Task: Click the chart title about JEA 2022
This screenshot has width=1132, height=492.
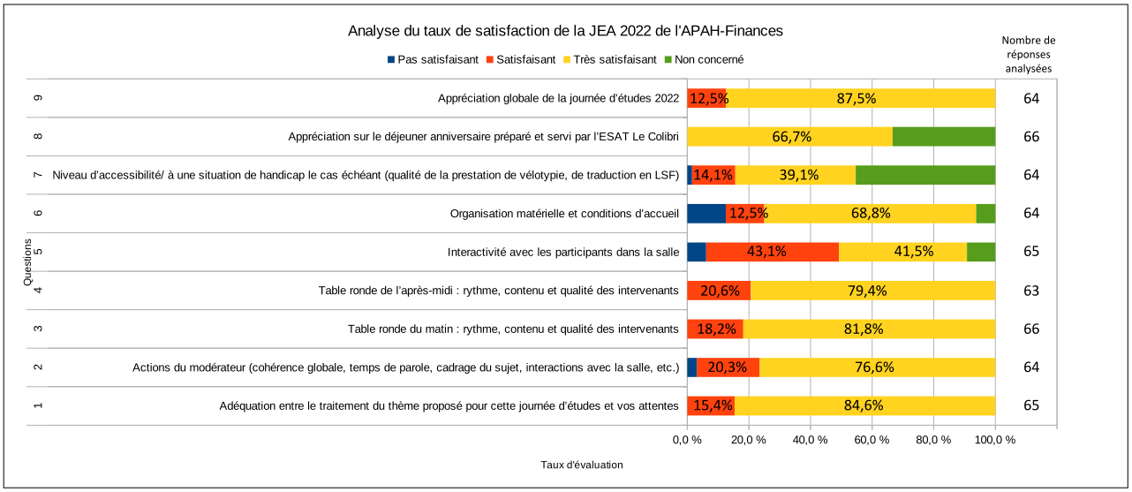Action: click(565, 31)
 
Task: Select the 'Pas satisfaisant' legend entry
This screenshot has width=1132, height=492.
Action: click(433, 60)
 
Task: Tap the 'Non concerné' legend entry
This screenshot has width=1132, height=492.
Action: click(703, 60)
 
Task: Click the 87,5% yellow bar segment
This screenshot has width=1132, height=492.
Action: click(860, 98)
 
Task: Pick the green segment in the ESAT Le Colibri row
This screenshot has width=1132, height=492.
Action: click(943, 137)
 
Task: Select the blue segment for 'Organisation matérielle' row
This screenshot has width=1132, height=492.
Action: click(706, 213)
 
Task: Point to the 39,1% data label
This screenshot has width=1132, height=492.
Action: click(798, 175)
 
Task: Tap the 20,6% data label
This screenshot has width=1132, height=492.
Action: click(719, 291)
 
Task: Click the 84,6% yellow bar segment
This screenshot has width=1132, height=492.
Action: click(864, 405)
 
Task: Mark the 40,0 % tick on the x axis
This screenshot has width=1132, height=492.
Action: click(810, 439)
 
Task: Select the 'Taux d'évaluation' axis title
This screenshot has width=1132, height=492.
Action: click(581, 465)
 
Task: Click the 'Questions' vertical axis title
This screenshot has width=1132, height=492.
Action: click(27, 261)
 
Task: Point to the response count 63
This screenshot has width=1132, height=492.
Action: click(1031, 291)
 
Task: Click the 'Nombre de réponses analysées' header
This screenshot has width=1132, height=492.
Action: click(1029, 54)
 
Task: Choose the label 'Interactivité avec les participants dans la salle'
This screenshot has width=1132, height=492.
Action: click(562, 252)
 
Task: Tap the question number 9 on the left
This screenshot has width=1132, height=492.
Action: click(37, 98)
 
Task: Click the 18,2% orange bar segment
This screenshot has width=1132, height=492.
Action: click(714, 329)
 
